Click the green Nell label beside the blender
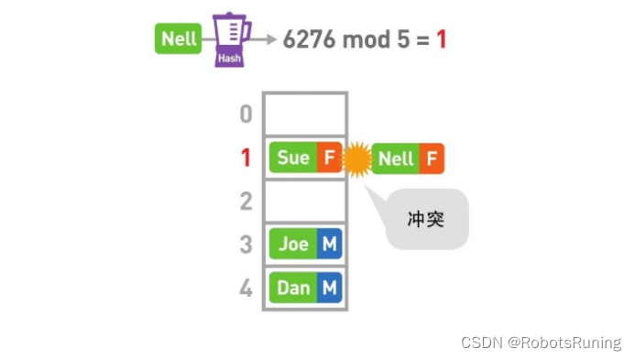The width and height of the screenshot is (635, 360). pos(180,39)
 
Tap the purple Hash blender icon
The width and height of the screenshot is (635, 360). pos(231,39)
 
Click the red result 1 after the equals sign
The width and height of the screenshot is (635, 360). pos(441,40)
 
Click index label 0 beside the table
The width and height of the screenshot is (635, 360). pos(246,115)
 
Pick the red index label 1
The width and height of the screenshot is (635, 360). pos(246,158)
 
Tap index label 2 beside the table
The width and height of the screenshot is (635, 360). pos(246,202)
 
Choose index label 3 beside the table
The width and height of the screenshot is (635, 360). pos(246,244)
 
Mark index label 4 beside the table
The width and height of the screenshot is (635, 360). pos(246,288)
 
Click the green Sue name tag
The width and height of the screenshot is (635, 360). pos(292,158)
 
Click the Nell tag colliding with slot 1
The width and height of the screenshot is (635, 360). pos(396,158)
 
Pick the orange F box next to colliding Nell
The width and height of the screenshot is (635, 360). pos(432,158)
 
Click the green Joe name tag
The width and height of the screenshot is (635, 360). pos(293,244)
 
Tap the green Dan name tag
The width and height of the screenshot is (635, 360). pos(293,288)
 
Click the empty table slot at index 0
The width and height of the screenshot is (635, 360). pos(304,115)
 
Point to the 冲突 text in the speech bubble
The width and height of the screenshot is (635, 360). pos(425,219)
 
